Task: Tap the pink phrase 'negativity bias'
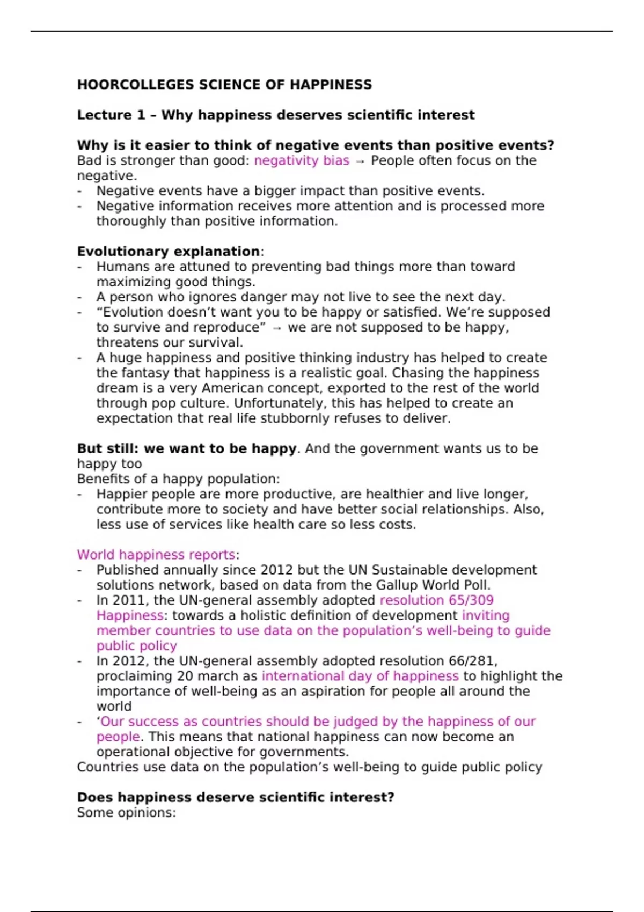(302, 160)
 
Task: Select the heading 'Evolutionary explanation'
(169, 252)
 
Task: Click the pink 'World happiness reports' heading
(156, 555)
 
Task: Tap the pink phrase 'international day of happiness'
(360, 676)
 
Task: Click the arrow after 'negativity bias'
(360, 161)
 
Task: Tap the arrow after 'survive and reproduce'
(277, 328)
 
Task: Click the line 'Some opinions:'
(127, 813)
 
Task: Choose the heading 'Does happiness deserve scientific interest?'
(236, 798)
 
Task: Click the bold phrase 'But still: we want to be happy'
(186, 448)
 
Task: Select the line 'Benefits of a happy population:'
(178, 479)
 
